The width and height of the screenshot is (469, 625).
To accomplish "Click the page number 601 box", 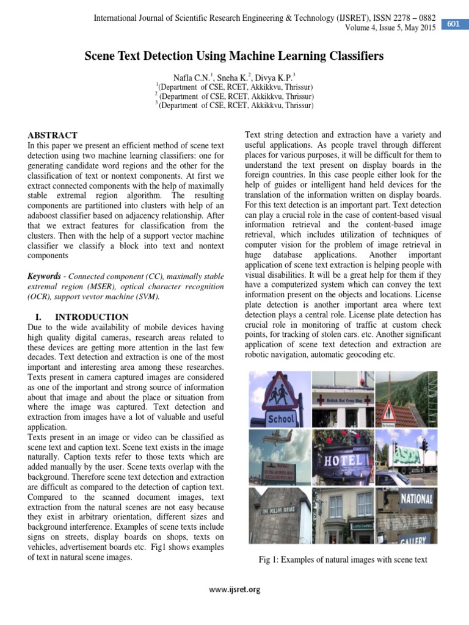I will tap(454, 24).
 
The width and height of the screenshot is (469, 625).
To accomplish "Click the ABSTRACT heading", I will tap(53, 135).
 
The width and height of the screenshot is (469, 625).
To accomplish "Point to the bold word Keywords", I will tap(45, 276).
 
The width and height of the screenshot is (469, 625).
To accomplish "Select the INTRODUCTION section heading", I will tap(92, 317).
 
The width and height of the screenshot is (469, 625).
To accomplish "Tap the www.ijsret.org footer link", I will tap(234, 589).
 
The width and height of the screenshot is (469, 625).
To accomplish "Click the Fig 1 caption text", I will tap(343, 560).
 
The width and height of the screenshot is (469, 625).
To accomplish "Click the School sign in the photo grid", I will tap(281, 419).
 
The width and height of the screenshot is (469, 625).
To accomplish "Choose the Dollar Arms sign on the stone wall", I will tap(280, 511).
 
